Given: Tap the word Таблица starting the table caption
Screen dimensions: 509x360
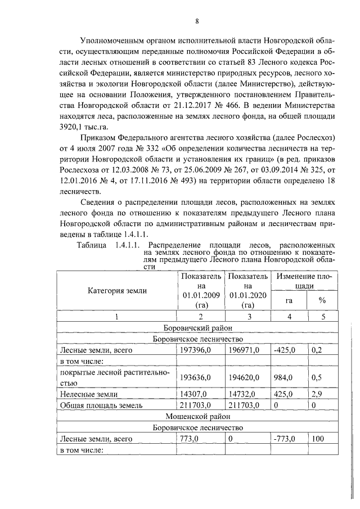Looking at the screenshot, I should click(x=92, y=245).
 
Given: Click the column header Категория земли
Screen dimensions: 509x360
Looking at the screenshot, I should click(x=117, y=291).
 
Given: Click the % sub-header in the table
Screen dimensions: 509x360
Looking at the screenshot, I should click(x=322, y=300).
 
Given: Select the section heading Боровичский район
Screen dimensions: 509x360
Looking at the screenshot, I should click(x=197, y=328).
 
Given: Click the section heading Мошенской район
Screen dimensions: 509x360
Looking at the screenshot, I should click(x=197, y=416).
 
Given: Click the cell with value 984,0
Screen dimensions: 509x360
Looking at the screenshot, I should click(x=284, y=377).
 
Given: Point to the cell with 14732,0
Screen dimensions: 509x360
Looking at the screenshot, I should click(x=244, y=394).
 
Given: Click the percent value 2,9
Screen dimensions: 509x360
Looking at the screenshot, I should click(x=318, y=394).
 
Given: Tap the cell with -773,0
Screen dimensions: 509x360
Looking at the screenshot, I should click(x=284, y=438).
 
